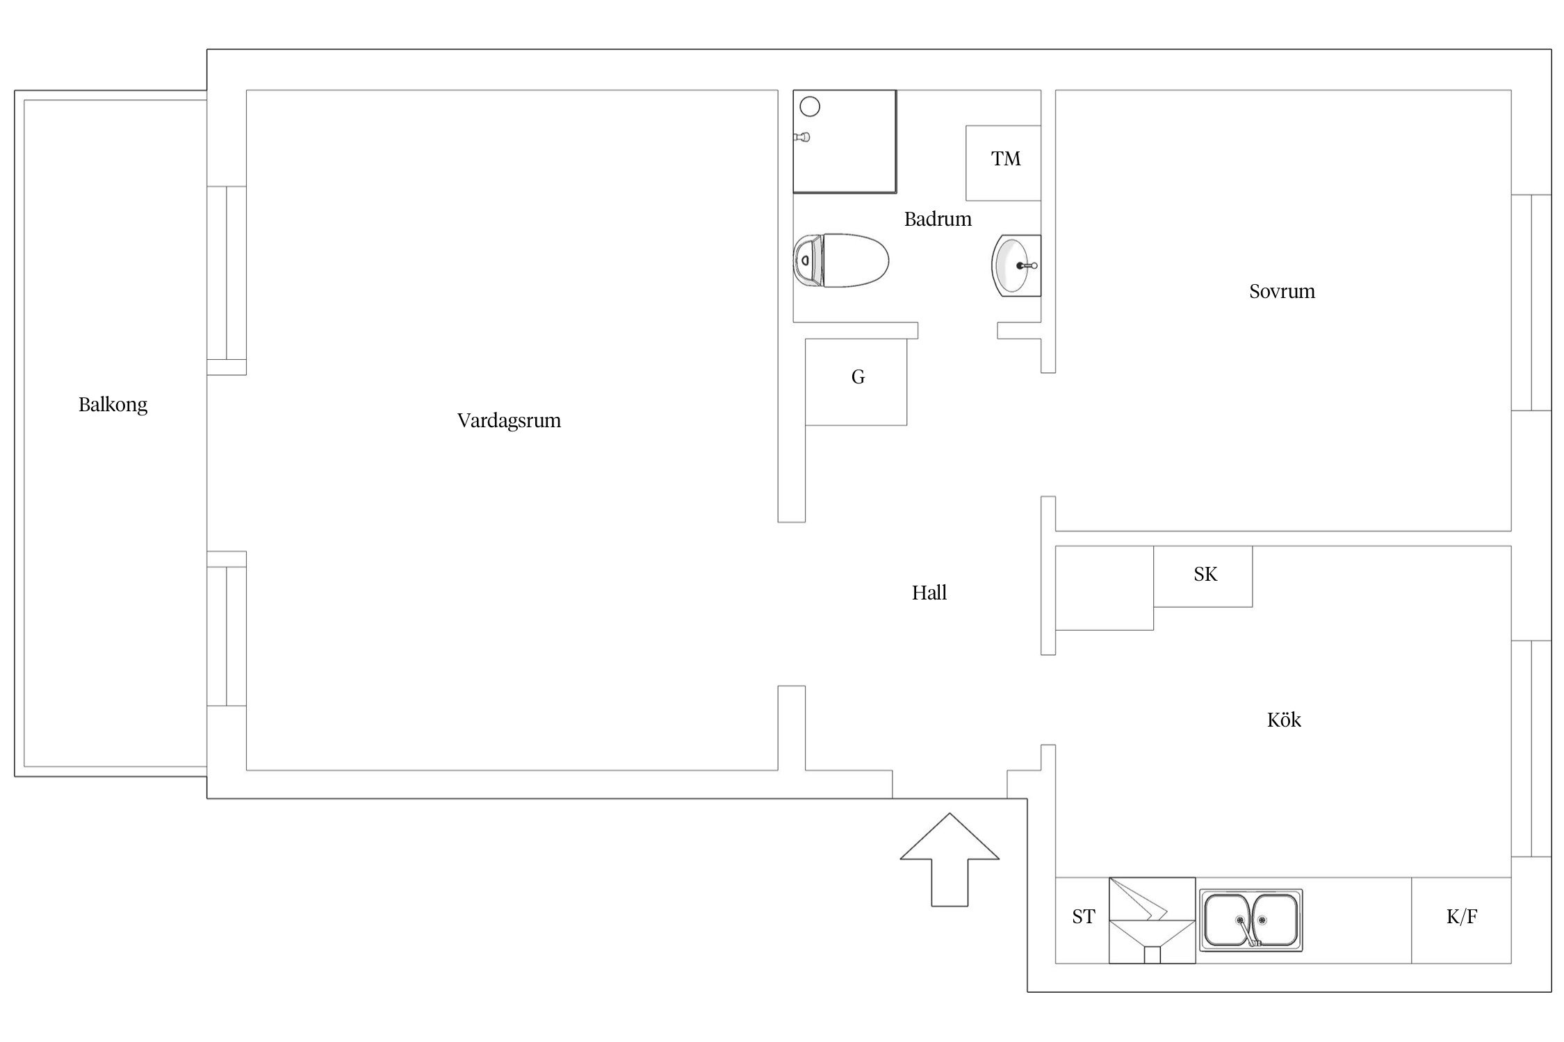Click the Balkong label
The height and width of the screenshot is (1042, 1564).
click(113, 404)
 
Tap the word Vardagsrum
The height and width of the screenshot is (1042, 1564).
click(509, 420)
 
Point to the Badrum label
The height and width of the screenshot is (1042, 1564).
click(938, 219)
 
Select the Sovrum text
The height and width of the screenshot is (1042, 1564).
click(1282, 291)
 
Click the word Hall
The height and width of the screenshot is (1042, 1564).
click(929, 593)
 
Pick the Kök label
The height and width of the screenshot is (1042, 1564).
click(1284, 720)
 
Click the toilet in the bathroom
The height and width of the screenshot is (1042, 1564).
click(841, 260)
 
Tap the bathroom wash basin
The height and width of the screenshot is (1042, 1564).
click(1016, 266)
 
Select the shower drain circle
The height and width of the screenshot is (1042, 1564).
click(810, 106)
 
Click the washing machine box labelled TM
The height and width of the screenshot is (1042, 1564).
click(1003, 163)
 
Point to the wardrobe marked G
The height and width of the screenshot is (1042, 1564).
click(856, 381)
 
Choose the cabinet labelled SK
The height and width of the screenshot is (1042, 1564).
click(1203, 577)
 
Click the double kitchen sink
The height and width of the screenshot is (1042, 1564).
click(1251, 920)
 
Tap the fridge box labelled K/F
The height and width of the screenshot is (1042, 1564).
click(1461, 920)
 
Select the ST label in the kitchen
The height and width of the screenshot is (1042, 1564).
click(1083, 917)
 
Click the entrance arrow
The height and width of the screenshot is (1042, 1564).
click(950, 859)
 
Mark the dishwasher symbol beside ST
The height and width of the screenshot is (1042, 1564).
click(1152, 920)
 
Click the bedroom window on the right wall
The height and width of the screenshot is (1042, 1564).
click(1531, 303)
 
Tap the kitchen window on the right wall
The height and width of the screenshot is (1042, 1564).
click(1531, 749)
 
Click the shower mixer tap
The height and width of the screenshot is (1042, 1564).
click(802, 137)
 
